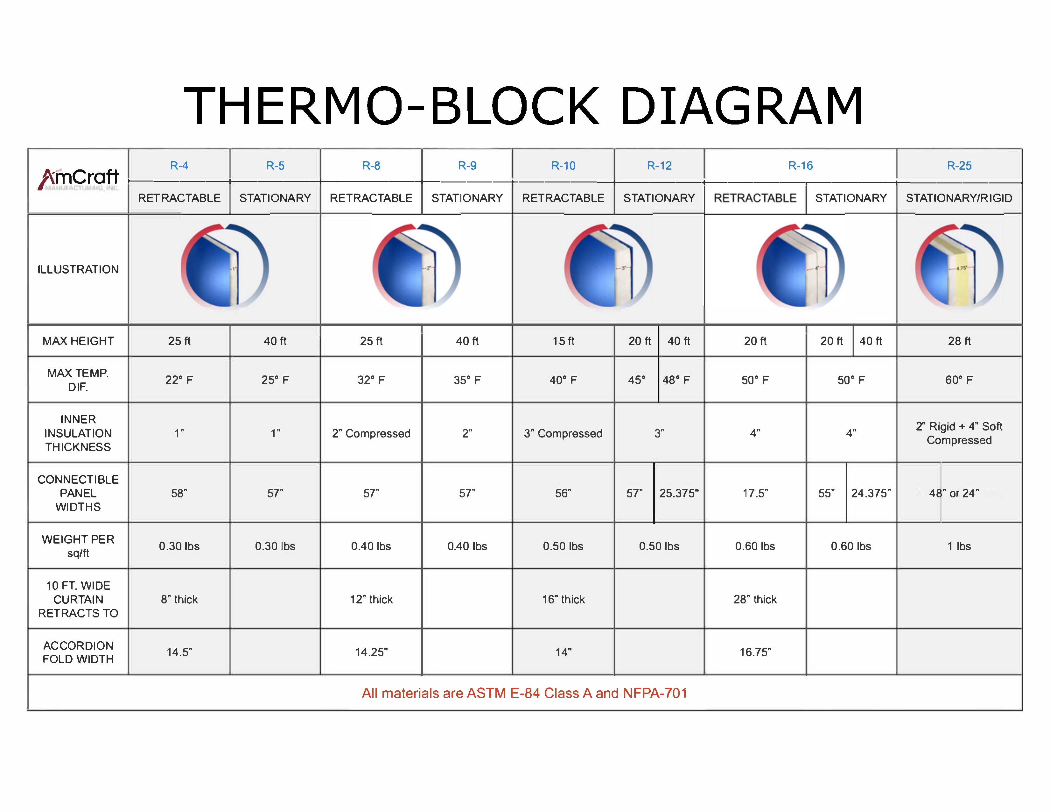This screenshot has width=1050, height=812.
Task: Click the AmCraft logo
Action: pyautogui.click(x=78, y=179)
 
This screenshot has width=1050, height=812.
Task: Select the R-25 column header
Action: pyautogui.click(x=959, y=166)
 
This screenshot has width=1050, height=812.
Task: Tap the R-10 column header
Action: pyautogui.click(x=563, y=166)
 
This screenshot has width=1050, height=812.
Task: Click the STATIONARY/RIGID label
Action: pyautogui.click(x=959, y=198)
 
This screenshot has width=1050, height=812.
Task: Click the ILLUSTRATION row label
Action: pyautogui.click(x=78, y=269)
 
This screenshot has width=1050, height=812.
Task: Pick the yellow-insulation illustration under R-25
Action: pyautogui.click(x=959, y=266)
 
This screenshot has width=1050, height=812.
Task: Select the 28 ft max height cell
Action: pyautogui.click(x=959, y=341)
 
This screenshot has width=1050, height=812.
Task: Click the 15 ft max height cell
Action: pyautogui.click(x=563, y=341)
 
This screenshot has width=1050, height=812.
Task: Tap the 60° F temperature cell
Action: pyautogui.click(x=959, y=380)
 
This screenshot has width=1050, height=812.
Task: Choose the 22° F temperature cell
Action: pyautogui.click(x=179, y=380)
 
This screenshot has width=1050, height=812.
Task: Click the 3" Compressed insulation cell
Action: pyautogui.click(x=563, y=433)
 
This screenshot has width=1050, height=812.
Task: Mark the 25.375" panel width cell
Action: pyautogui.click(x=679, y=493)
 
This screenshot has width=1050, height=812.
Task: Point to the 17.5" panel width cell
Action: pyautogui.click(x=755, y=493)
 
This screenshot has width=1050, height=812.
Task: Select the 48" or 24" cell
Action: pyautogui.click(x=954, y=493)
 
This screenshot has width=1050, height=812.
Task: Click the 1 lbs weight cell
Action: pyautogui.click(x=959, y=546)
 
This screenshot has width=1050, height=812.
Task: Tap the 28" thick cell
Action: pyautogui.click(x=755, y=599)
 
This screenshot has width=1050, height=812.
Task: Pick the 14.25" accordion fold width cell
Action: pyautogui.click(x=371, y=652)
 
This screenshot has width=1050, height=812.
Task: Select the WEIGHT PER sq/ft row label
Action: pyautogui.click(x=78, y=546)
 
